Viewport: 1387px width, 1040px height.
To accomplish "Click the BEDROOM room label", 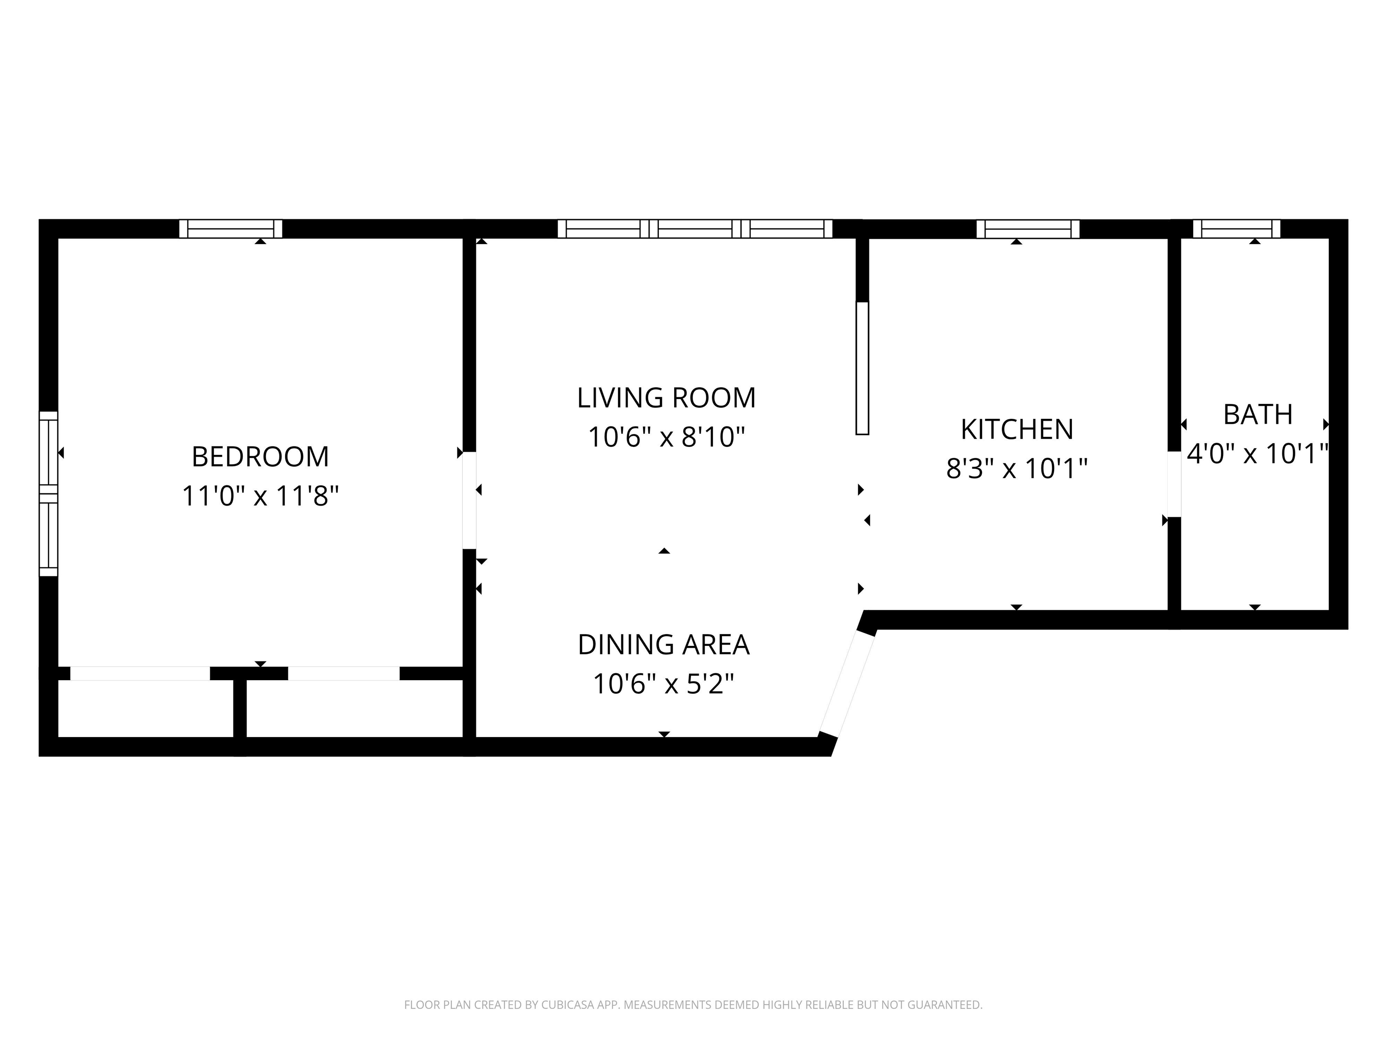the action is point(260,457).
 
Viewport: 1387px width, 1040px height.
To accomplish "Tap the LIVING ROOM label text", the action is point(666,398).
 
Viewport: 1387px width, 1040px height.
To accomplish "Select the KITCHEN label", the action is point(1017,429).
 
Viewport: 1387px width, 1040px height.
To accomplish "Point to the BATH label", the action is point(1258,414).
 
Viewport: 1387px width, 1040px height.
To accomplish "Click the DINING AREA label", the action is point(663,645).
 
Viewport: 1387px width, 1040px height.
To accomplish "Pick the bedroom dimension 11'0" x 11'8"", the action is point(260,496).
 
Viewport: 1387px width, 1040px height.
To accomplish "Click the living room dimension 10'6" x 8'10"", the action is point(666,437).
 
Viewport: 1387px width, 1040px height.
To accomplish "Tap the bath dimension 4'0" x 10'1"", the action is point(1258,453).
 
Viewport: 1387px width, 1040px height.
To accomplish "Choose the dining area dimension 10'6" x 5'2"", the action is point(663,683).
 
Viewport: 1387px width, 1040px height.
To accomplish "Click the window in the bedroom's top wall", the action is point(231,229).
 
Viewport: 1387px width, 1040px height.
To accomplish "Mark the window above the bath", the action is point(1237,229).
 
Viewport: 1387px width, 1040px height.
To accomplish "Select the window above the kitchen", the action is point(1029,229).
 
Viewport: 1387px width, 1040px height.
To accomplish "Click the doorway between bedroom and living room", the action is point(469,500).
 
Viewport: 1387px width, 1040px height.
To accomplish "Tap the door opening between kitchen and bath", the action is point(1174,484).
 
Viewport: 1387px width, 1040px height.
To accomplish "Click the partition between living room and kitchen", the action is point(863,368).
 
